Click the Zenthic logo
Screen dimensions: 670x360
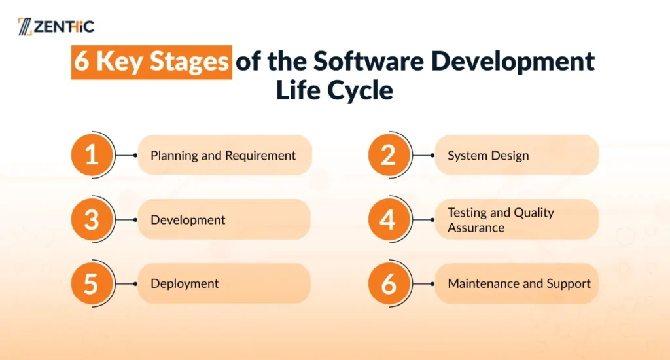tap(56, 26)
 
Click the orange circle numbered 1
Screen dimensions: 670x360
tap(92, 154)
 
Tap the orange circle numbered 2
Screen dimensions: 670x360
tap(389, 154)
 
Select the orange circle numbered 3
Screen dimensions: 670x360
tap(92, 219)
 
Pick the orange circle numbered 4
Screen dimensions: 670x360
tap(389, 219)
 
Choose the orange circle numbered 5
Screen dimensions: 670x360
tap(92, 283)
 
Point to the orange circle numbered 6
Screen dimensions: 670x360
tap(389, 283)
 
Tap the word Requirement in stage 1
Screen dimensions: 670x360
tap(260, 156)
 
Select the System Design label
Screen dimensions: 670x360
tap(488, 156)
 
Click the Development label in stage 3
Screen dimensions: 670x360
tap(188, 220)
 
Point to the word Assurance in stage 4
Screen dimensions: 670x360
tap(476, 228)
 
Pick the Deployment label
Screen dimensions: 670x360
tap(185, 284)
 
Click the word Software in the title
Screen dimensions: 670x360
tap(368, 61)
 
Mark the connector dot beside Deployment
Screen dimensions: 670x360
tap(135, 284)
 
